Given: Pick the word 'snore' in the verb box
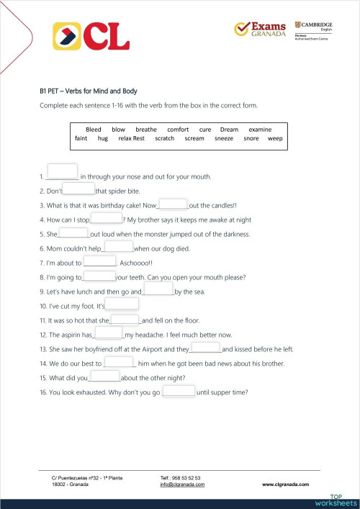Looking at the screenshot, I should [x=251, y=138].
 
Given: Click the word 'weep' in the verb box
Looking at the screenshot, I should [x=275, y=138].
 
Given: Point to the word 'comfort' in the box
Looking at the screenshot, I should [x=178, y=130].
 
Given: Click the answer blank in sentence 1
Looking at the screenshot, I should [x=61, y=173].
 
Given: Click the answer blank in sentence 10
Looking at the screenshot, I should [x=122, y=304].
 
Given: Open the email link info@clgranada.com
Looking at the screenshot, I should [x=182, y=485].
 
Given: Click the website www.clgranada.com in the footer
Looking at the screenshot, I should [x=287, y=485].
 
